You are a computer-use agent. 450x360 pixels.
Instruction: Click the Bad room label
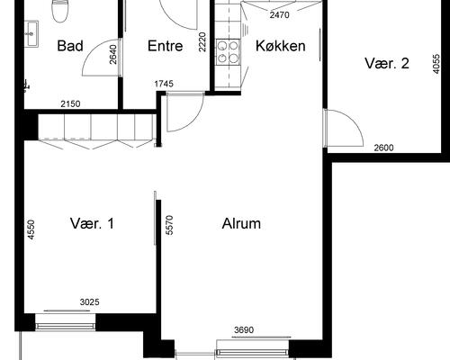tap(70, 46)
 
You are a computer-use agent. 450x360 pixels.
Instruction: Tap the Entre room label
tap(165, 46)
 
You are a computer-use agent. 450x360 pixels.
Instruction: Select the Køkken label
tap(281, 46)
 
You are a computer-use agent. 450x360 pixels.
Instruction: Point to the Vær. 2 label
tap(387, 63)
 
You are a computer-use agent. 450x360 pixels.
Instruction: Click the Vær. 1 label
tap(92, 223)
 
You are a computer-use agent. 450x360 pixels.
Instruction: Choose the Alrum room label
tap(241, 223)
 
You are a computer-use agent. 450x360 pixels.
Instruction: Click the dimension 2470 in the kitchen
tap(279, 14)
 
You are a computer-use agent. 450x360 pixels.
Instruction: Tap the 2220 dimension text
tap(202, 42)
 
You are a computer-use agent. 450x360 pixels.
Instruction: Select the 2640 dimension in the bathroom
tap(113, 54)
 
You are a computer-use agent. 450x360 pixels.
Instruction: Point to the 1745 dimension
tap(164, 84)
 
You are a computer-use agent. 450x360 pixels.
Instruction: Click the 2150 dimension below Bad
tap(70, 104)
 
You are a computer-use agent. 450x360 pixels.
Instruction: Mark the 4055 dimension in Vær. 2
tap(436, 64)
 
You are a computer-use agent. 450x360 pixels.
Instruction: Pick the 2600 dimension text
tap(383, 148)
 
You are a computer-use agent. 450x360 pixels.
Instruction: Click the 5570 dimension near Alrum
tap(169, 225)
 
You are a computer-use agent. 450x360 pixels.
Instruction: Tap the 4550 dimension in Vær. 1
tap(31, 229)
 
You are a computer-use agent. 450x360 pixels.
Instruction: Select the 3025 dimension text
tap(89, 301)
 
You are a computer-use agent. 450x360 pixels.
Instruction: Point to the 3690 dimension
tap(244, 330)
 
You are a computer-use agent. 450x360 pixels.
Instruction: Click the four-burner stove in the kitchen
tap(228, 51)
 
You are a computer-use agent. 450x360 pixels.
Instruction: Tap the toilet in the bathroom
tap(59, 11)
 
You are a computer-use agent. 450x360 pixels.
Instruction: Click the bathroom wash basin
tap(31, 33)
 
